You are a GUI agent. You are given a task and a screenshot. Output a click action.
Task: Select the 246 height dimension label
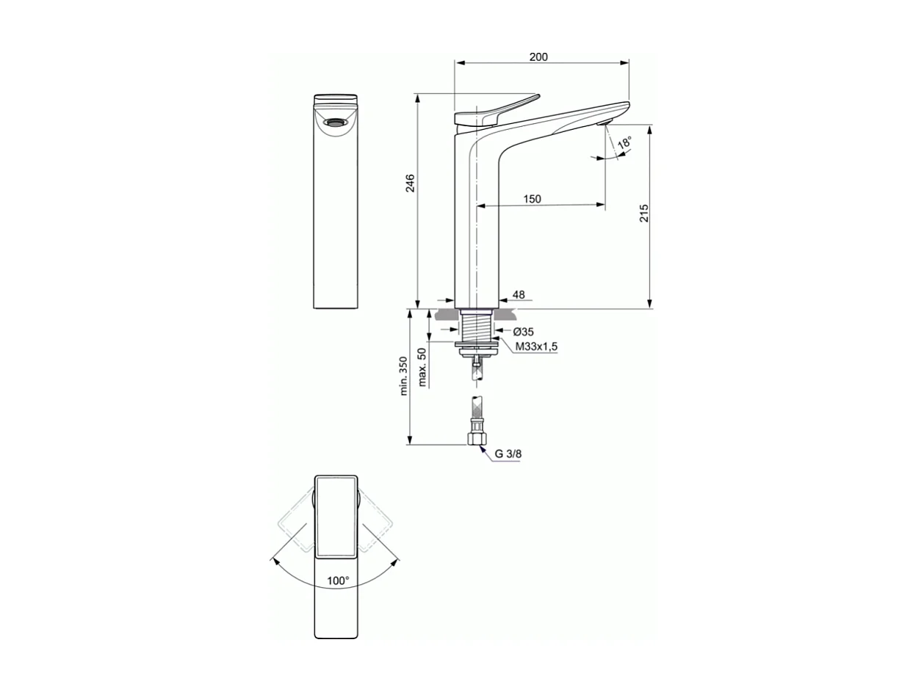[410, 183]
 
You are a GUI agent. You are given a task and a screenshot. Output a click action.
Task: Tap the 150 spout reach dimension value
[532, 199]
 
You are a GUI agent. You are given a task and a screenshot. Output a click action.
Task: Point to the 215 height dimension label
[643, 213]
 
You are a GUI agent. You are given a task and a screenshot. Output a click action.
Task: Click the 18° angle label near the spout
[624, 143]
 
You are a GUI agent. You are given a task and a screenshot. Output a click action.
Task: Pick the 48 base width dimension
[519, 295]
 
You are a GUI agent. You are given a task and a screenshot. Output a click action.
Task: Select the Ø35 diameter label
[523, 332]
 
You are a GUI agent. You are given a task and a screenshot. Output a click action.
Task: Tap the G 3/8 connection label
[508, 454]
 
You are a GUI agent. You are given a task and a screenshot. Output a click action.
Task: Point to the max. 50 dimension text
[422, 367]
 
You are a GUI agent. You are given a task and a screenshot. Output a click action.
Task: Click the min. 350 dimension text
[403, 376]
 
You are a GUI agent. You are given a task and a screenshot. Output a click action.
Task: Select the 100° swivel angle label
[338, 580]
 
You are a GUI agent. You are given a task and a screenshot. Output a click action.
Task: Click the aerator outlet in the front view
[336, 123]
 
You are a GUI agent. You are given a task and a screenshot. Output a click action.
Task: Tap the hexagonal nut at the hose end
[477, 439]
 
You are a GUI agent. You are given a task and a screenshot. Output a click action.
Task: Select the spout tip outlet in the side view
[607, 123]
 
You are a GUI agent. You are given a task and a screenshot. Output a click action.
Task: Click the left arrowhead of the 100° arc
[275, 561]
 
